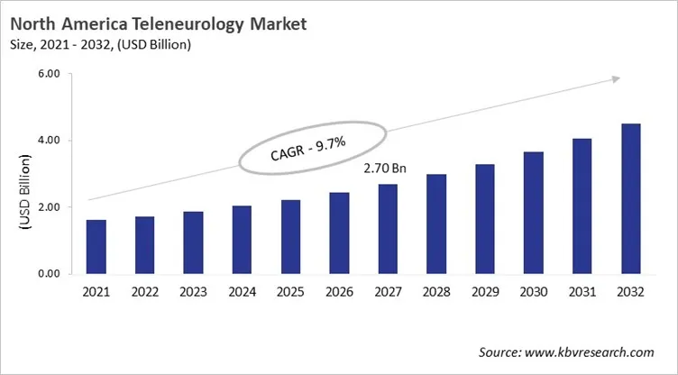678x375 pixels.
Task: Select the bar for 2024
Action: click(242, 240)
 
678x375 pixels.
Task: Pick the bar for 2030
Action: click(534, 213)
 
